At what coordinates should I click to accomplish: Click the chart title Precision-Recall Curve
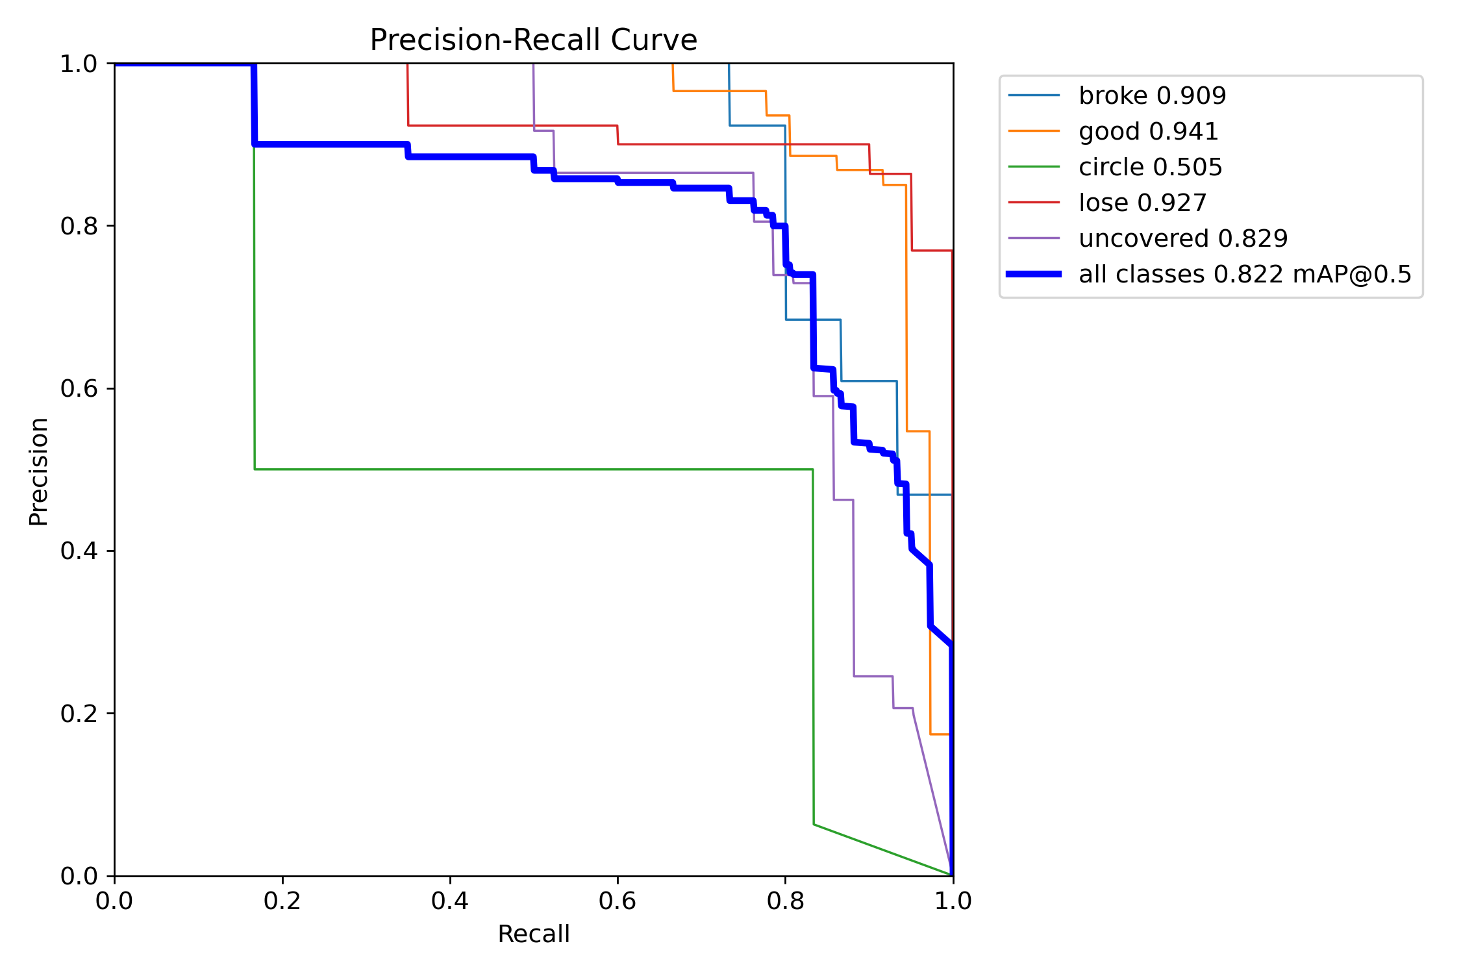533,40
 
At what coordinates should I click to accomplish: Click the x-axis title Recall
533,934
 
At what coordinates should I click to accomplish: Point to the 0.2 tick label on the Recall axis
282,901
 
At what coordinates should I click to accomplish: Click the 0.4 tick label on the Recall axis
449,901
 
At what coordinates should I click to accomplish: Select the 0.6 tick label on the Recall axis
617,901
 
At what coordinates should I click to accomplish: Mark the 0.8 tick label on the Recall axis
785,901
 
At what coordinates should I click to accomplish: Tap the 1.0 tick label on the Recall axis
953,901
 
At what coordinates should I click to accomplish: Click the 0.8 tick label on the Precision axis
79,226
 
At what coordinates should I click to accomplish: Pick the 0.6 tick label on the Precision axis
79,388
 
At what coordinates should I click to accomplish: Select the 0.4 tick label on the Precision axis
79,551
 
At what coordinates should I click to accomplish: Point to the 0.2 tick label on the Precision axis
79,713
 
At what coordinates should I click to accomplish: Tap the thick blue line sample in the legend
1034,275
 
